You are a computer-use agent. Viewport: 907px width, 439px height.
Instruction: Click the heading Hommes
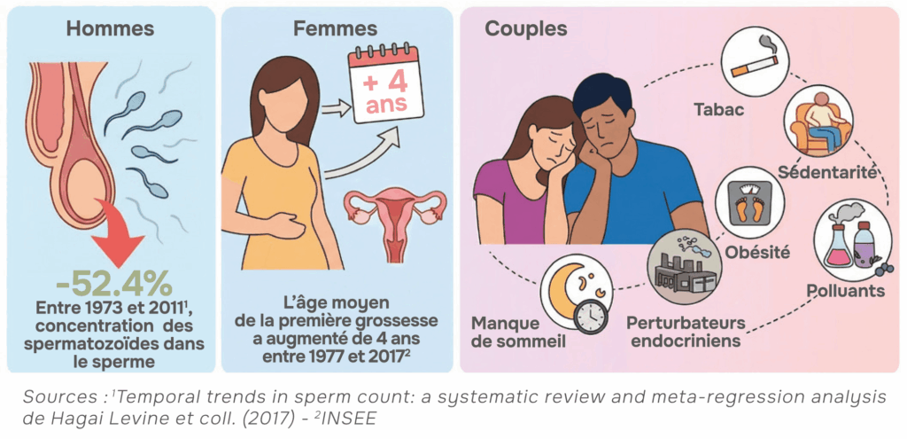110,28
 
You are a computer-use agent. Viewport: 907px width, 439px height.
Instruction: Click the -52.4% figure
112,284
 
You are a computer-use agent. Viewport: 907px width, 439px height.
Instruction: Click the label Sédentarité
828,171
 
